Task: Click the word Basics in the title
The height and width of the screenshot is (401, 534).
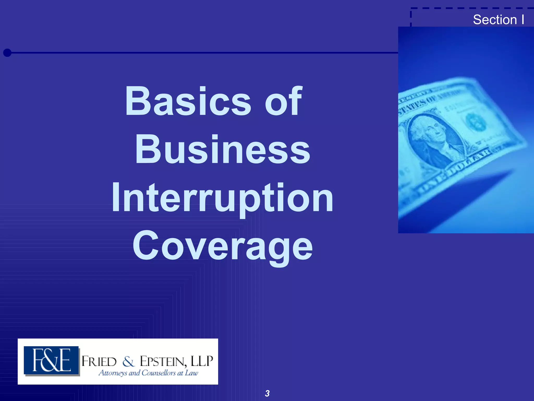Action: [x=188, y=101]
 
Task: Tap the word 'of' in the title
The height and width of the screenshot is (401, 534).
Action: [x=283, y=101]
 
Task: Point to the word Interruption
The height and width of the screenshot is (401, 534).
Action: [x=222, y=198]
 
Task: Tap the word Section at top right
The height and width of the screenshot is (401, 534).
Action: [x=495, y=20]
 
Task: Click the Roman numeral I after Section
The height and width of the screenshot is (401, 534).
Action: [x=523, y=20]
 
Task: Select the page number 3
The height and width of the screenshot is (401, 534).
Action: [x=267, y=393]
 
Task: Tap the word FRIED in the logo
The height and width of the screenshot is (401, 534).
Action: [x=99, y=362]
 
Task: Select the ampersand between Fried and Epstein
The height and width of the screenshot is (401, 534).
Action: [x=128, y=362]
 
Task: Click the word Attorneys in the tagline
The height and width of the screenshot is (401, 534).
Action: [x=113, y=373]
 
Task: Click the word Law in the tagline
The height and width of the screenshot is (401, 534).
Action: [x=192, y=373]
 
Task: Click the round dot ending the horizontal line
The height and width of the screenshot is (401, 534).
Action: [x=7, y=53]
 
